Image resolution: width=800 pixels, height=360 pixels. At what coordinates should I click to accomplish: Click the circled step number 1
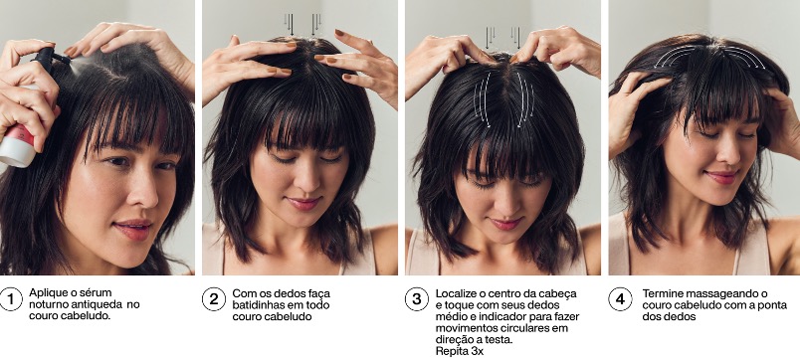pyautogui.click(x=11, y=298)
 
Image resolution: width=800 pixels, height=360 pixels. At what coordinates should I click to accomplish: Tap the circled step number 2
pyautogui.click(x=214, y=298)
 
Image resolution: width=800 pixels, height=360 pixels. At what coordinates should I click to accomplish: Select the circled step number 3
pyautogui.click(x=417, y=298)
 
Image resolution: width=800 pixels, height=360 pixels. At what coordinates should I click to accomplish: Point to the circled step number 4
pyautogui.click(x=621, y=298)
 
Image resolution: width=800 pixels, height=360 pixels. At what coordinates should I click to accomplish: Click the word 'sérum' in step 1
pyautogui.click(x=97, y=292)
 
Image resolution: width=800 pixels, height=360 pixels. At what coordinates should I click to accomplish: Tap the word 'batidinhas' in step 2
pyautogui.click(x=257, y=305)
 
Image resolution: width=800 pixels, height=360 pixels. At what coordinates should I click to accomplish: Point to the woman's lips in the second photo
pyautogui.click(x=302, y=203)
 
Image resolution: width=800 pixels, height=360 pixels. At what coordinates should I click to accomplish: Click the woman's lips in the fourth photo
pyautogui.click(x=722, y=177)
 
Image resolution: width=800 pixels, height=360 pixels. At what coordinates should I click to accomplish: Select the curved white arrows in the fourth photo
pyautogui.click(x=709, y=55)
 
